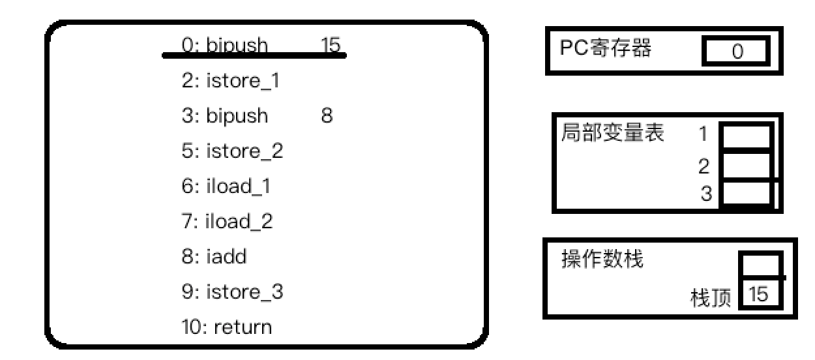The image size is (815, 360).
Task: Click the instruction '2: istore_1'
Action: [233, 82]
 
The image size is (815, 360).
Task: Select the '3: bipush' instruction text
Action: [225, 116]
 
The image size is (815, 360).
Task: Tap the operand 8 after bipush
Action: [327, 116]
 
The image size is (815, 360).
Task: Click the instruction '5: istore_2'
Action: [233, 151]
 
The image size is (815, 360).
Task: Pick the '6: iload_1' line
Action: [226, 187]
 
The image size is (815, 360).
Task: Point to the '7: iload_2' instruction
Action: [228, 222]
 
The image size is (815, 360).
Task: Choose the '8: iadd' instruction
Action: [215, 257]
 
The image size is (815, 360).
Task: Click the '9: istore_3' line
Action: [233, 292]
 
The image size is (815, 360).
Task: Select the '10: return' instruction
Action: [227, 327]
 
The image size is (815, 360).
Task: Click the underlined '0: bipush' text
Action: [225, 46]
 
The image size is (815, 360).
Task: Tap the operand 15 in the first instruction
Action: [331, 45]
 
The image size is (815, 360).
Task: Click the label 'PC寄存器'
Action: [606, 49]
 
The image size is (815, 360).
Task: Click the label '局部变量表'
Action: [612, 134]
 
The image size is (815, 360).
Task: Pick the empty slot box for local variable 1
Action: [746, 137]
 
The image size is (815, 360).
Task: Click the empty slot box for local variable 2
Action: [746, 167]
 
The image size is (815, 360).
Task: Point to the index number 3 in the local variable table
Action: [706, 194]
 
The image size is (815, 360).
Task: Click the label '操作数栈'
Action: [602, 260]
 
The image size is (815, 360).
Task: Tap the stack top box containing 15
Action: [759, 295]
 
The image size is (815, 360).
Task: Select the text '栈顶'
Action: [710, 299]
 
